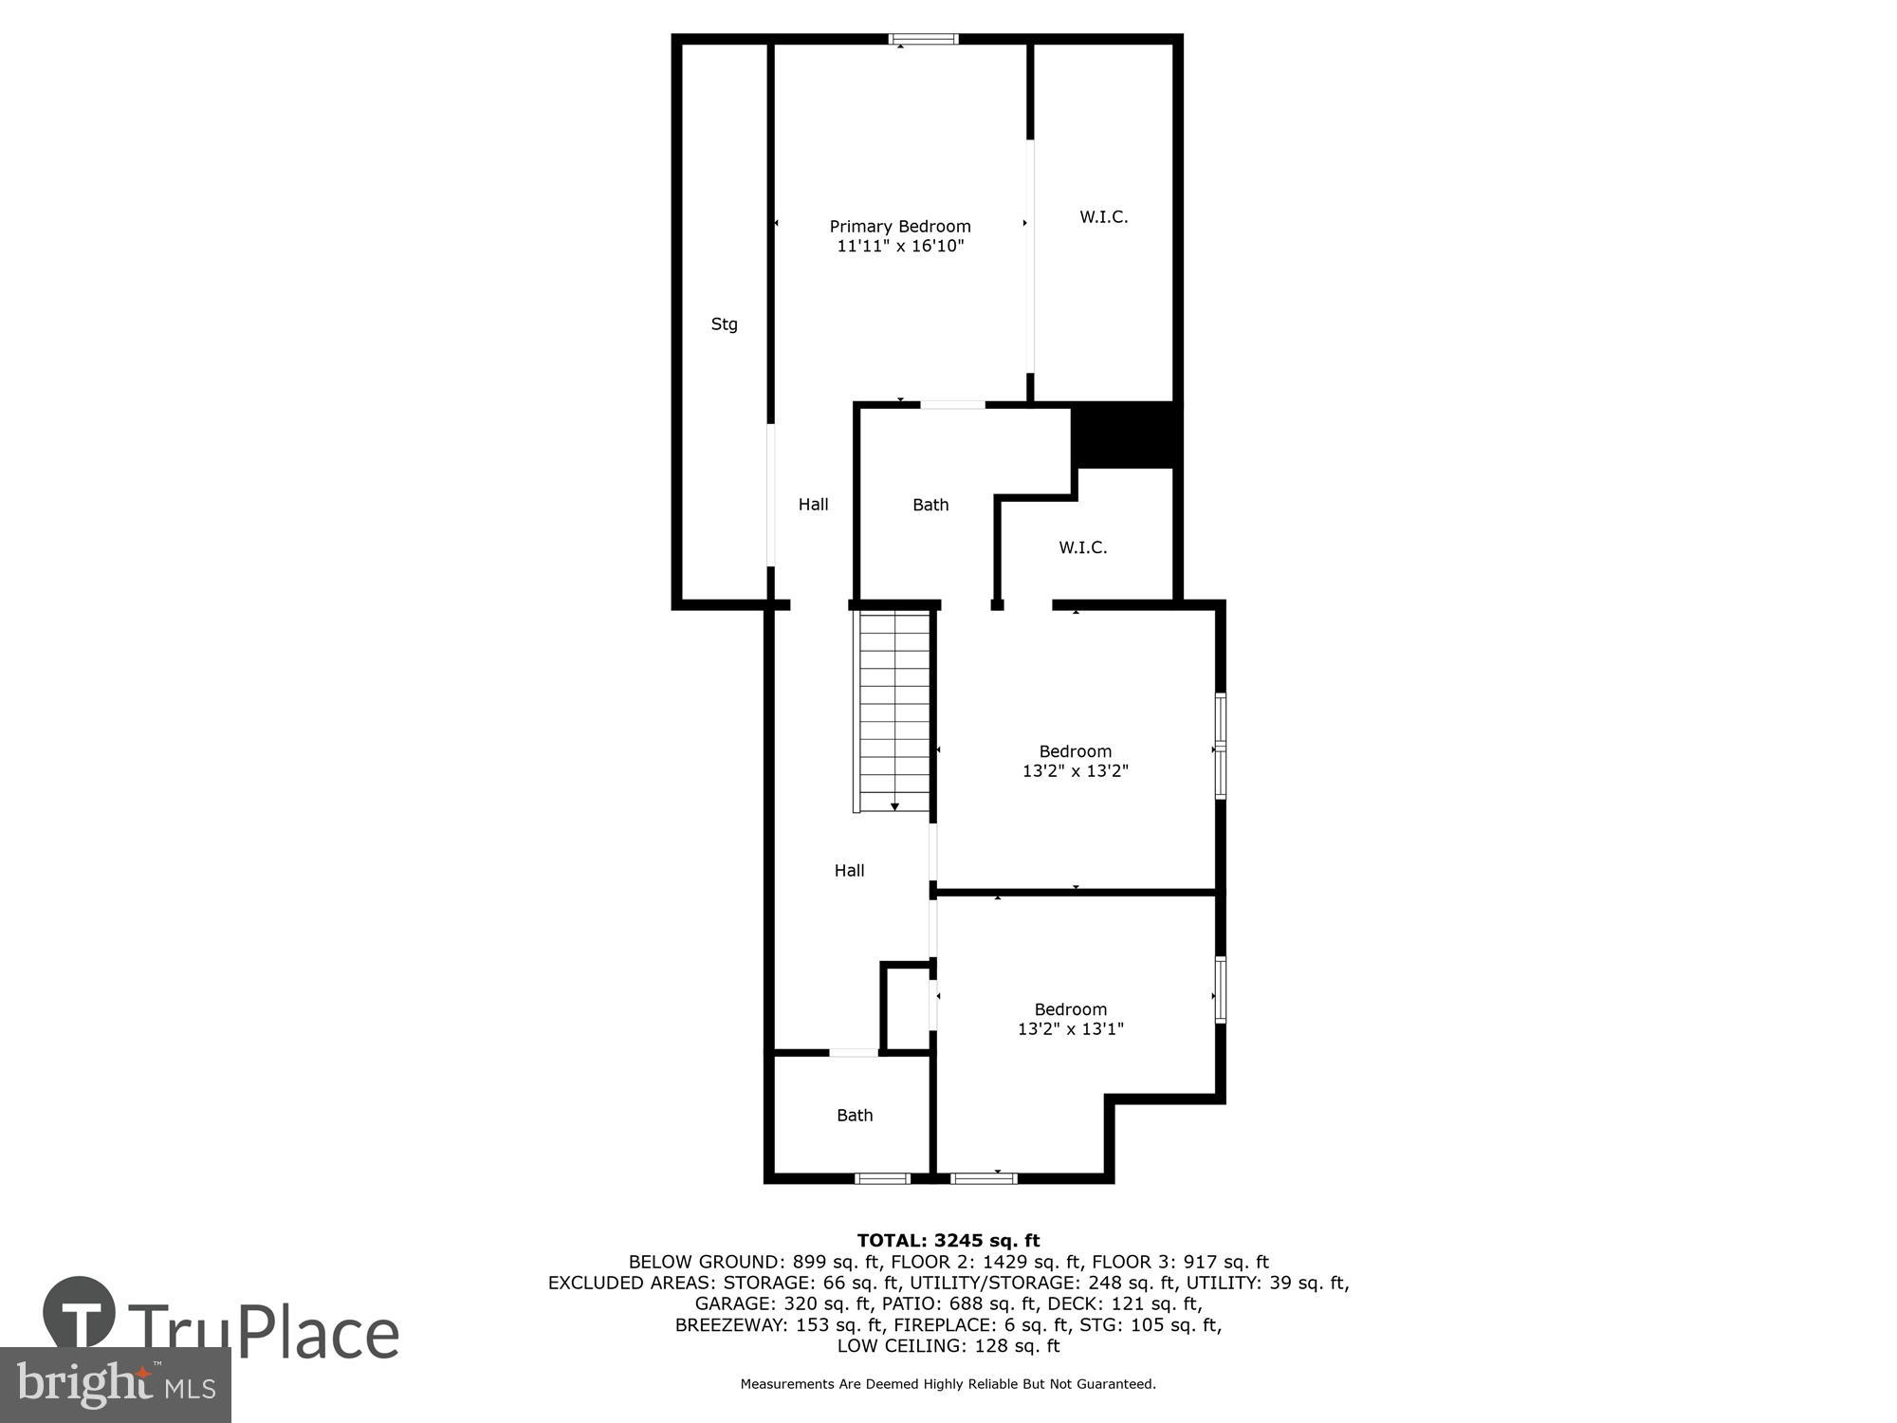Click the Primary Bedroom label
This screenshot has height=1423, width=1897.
(x=900, y=226)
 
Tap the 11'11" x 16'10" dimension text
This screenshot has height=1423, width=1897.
(x=900, y=247)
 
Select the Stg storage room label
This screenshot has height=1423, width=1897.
(x=724, y=324)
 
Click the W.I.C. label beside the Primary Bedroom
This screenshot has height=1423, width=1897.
(x=1103, y=217)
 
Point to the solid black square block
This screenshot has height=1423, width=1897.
(x=1125, y=435)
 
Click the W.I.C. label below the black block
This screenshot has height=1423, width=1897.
(x=1082, y=547)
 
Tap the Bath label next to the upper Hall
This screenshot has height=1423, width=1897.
(x=930, y=505)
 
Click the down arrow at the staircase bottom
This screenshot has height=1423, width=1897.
(x=894, y=806)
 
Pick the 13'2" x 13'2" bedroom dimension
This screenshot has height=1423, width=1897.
(x=1075, y=771)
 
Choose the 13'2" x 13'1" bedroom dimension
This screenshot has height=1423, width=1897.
(x=1070, y=1029)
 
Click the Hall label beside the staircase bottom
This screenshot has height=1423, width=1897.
(x=849, y=871)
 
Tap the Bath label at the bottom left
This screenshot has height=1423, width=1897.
(x=854, y=1116)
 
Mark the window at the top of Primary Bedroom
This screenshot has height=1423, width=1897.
(x=923, y=40)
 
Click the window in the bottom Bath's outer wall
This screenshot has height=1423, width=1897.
(x=882, y=1178)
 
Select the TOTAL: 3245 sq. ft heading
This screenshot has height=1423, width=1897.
(x=948, y=1240)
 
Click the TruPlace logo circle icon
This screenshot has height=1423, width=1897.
(x=80, y=1314)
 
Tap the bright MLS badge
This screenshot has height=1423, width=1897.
(x=116, y=1386)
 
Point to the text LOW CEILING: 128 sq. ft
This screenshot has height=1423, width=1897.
(x=948, y=1345)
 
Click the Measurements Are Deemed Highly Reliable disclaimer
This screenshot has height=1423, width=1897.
(x=948, y=1384)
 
